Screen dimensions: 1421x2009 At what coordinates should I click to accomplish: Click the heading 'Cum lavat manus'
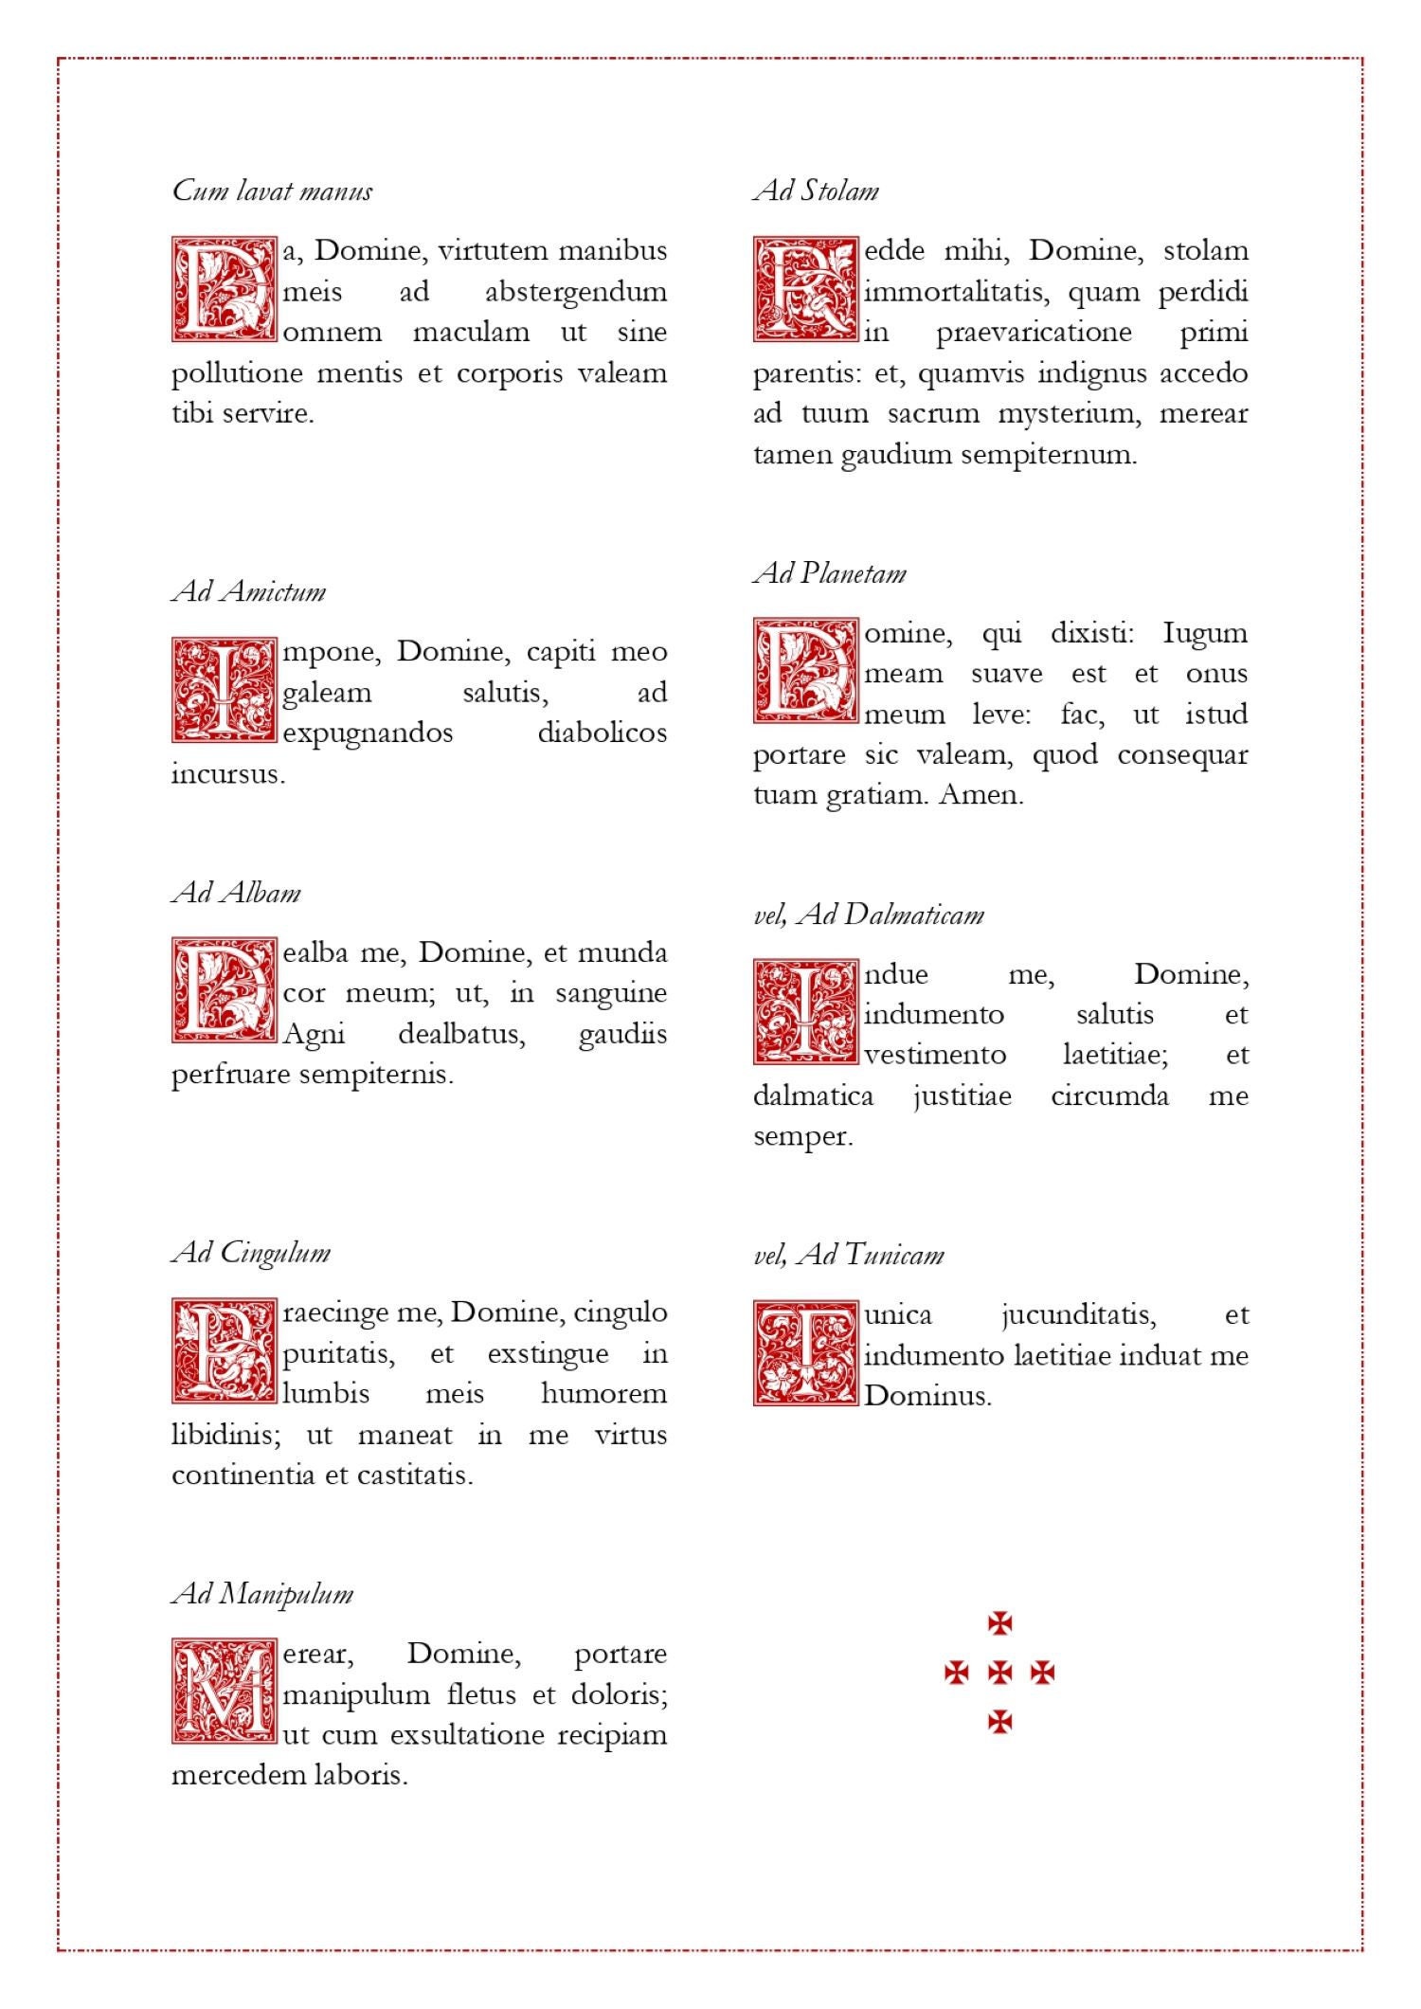pos(272,191)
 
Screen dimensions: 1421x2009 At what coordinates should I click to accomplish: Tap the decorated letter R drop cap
pos(806,289)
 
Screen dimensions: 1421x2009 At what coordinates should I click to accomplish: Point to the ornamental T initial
pos(806,1353)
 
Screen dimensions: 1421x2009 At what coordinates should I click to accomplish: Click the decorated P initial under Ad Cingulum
pos(225,1351)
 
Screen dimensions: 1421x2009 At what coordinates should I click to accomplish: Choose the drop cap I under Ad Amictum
pos(225,690)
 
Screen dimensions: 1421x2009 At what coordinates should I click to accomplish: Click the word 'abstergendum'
pos(576,292)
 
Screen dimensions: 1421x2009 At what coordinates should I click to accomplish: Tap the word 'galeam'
pos(327,693)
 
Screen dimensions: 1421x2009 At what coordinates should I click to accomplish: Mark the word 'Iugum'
pos(1204,633)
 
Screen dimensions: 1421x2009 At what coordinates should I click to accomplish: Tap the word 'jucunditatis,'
pos(1078,1315)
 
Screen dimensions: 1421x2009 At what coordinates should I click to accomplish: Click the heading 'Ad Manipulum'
pos(262,1594)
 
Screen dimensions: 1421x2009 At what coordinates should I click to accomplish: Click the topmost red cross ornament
pos(999,1623)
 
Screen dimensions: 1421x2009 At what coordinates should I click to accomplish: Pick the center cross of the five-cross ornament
pos(999,1673)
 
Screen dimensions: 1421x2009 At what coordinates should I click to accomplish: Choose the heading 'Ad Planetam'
pos(830,574)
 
